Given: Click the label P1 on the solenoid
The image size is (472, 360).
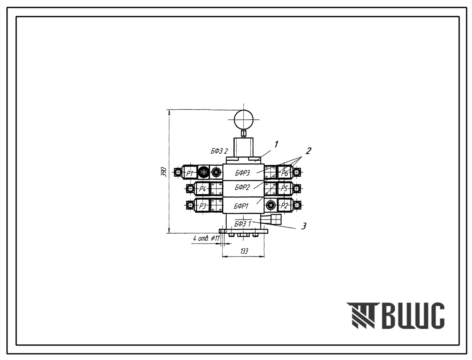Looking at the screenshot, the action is click(190, 173).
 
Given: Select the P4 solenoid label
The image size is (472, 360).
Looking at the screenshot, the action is click(203, 189).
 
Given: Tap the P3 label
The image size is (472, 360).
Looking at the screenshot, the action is click(203, 206).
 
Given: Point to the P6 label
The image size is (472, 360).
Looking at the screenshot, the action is click(285, 174).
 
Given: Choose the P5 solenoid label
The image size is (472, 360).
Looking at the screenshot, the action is click(284, 189).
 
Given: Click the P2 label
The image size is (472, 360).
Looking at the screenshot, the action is click(284, 206).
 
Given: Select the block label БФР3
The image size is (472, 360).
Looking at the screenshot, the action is click(242, 173).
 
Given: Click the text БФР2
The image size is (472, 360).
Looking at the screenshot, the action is click(242, 188).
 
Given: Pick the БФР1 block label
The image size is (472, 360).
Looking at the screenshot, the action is click(242, 206).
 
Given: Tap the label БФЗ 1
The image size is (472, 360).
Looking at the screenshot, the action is click(242, 224).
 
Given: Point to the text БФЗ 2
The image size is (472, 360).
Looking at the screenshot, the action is click(219, 151).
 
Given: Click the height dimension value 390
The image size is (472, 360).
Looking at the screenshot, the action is click(165, 171).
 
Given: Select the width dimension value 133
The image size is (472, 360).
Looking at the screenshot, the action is click(244, 251).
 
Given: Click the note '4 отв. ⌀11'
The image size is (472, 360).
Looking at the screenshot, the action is click(206, 238).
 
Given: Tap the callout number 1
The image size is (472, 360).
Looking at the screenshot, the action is click(276, 145).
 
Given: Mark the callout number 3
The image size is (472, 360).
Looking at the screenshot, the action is click(304, 226).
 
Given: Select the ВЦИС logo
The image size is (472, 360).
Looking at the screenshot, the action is click(395, 315).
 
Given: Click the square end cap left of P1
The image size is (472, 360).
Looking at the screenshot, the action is click(178, 172).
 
